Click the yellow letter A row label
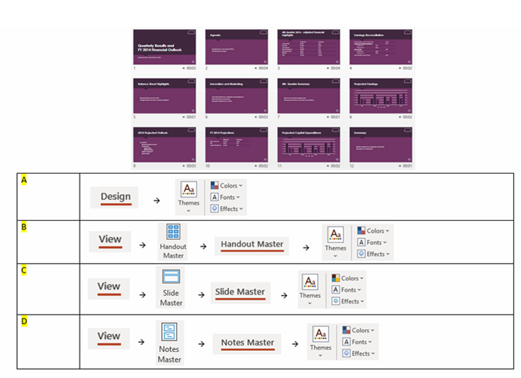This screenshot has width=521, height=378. (24, 180)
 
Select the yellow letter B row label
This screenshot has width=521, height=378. (24, 227)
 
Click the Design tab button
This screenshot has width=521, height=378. (115, 197)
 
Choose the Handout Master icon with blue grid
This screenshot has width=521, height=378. (173, 232)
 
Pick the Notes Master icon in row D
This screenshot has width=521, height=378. (169, 330)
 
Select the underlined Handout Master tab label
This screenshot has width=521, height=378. (252, 245)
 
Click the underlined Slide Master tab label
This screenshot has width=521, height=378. (239, 292)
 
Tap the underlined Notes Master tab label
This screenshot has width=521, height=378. (247, 343)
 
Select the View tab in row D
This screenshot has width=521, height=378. (109, 336)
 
